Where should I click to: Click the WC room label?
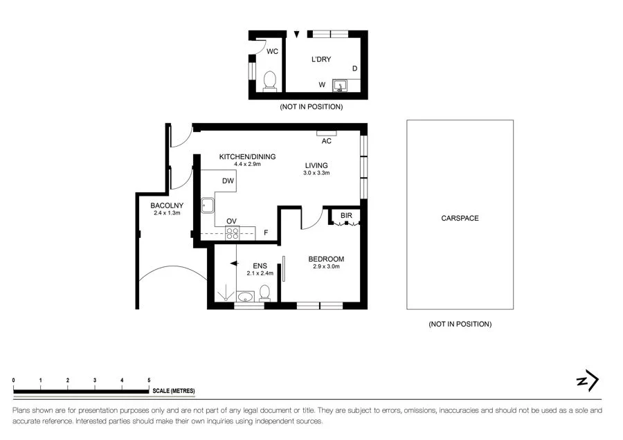(x=273, y=51)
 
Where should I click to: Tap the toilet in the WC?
(x=270, y=81)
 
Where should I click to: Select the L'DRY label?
(x=320, y=59)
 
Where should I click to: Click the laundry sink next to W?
(x=340, y=85)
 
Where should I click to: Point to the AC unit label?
(x=327, y=141)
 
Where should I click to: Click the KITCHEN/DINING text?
(x=247, y=156)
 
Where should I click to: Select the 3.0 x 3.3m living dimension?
(x=316, y=173)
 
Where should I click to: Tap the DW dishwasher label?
(x=228, y=181)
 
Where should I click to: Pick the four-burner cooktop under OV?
(x=233, y=233)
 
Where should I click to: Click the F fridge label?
(x=266, y=232)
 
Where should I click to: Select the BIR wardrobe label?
(x=346, y=216)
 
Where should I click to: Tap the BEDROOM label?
(x=326, y=259)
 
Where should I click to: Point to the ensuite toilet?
(x=264, y=294)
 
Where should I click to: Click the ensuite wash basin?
(x=244, y=297)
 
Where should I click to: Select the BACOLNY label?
(x=167, y=205)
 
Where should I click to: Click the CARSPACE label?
(x=460, y=218)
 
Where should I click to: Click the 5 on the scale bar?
(x=149, y=381)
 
